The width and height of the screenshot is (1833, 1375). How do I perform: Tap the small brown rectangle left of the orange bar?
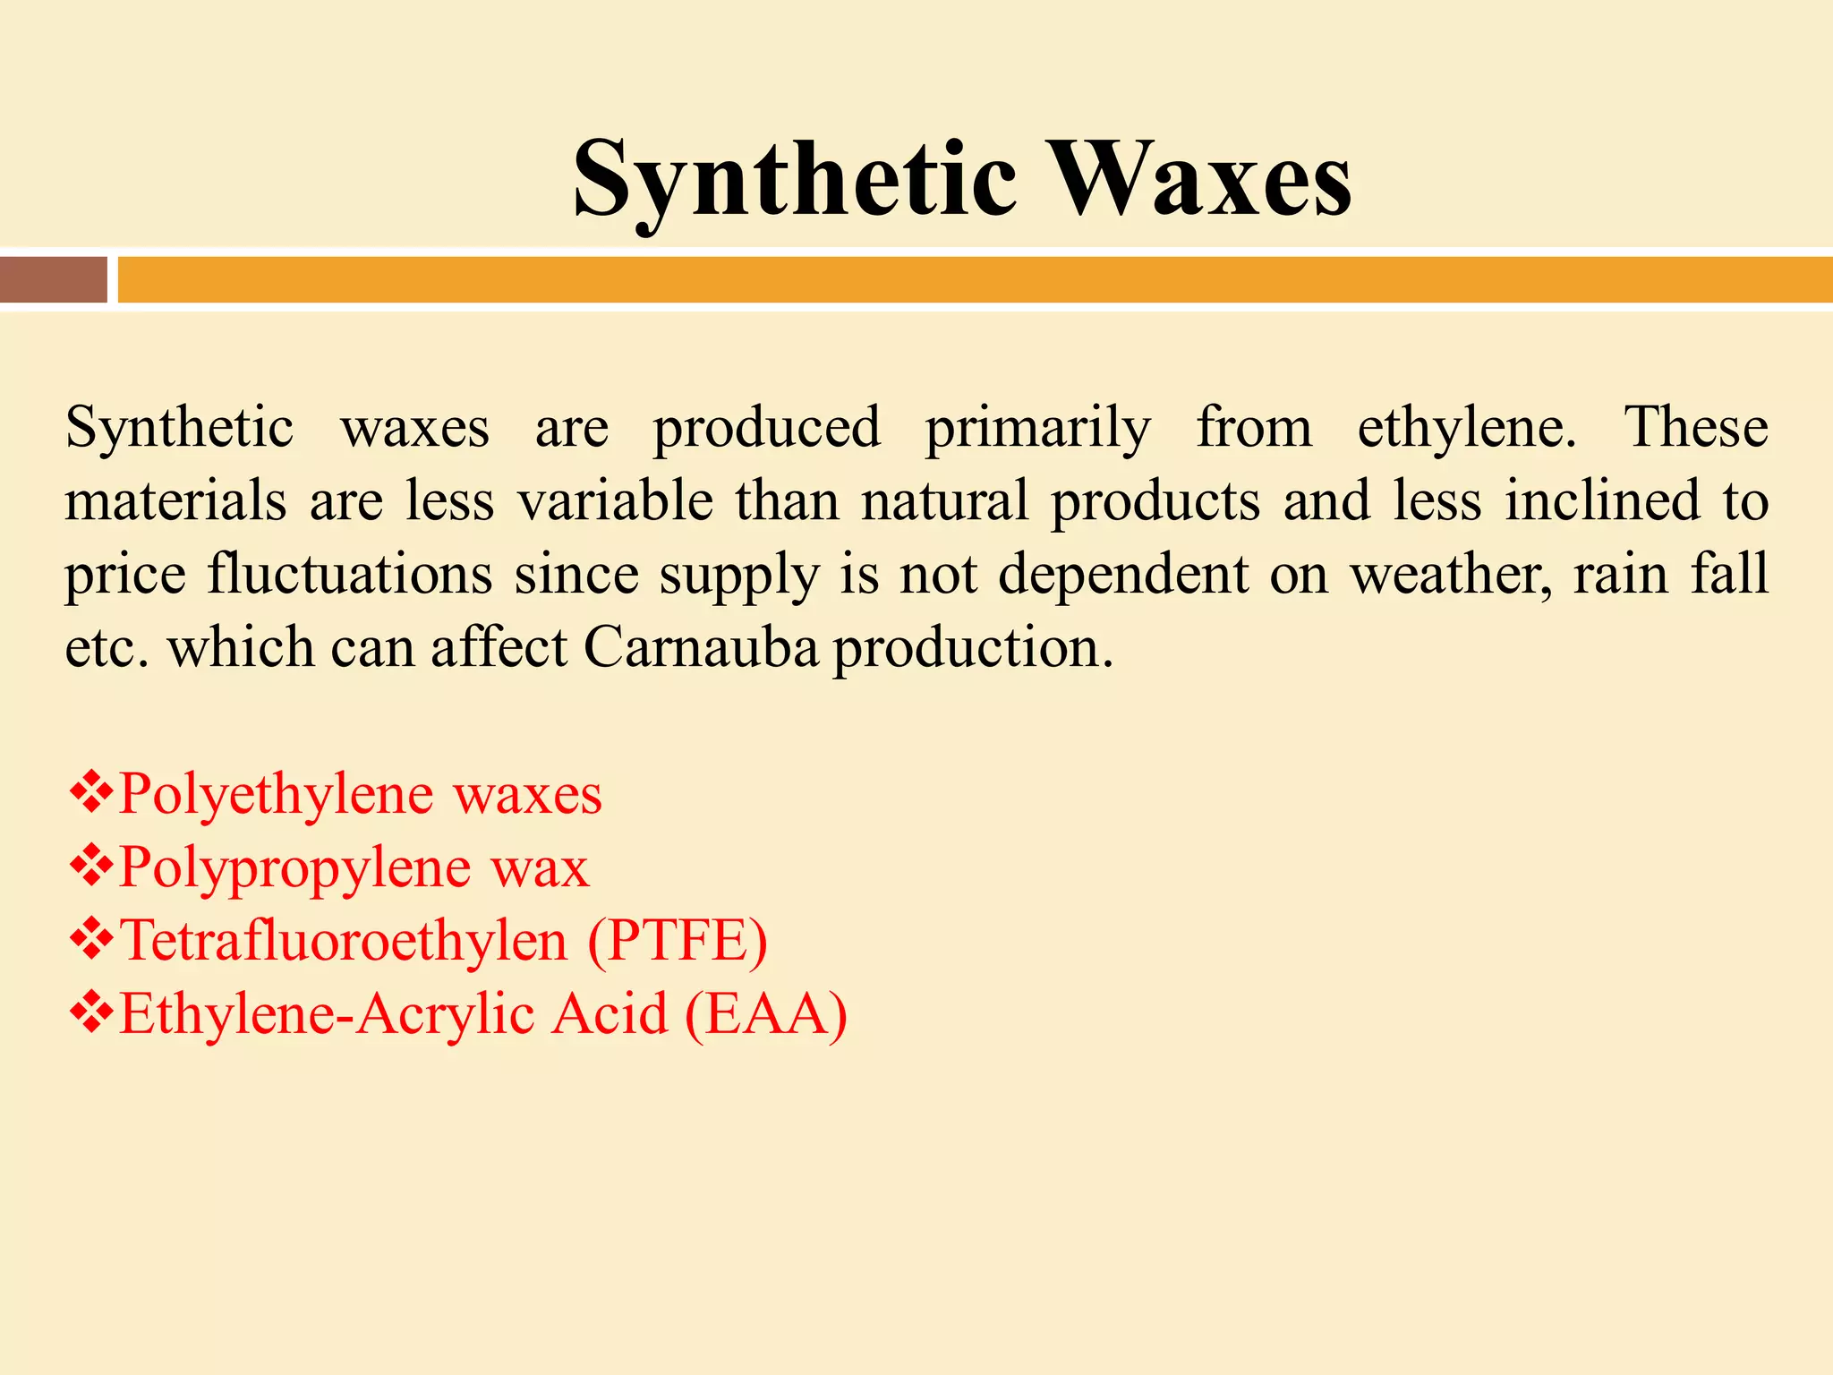(x=54, y=279)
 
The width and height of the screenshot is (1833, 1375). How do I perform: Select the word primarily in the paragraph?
(x=1037, y=429)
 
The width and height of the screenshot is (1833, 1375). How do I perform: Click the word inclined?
(x=1601, y=500)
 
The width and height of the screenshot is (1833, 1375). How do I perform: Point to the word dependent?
(x=1122, y=575)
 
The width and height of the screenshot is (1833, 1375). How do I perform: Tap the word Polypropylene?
(x=294, y=868)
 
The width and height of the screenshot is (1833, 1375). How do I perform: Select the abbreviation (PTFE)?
(x=678, y=941)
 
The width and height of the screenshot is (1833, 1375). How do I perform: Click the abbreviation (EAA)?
(x=765, y=1014)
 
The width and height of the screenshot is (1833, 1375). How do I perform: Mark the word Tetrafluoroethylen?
(x=344, y=941)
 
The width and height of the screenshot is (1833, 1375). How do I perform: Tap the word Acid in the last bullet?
(x=609, y=1014)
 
